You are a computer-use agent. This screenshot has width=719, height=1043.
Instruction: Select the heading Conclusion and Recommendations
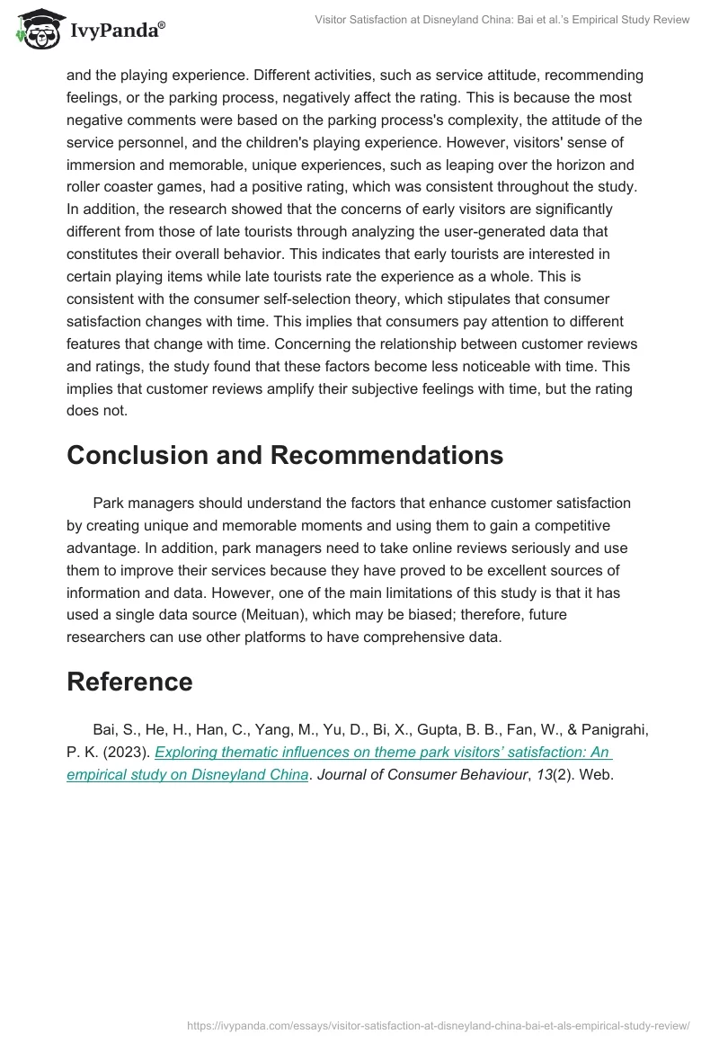pyautogui.click(x=284, y=455)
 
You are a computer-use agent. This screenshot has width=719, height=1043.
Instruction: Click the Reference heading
pyautogui.click(x=129, y=682)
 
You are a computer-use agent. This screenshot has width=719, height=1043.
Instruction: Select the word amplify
pyautogui.click(x=274, y=389)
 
